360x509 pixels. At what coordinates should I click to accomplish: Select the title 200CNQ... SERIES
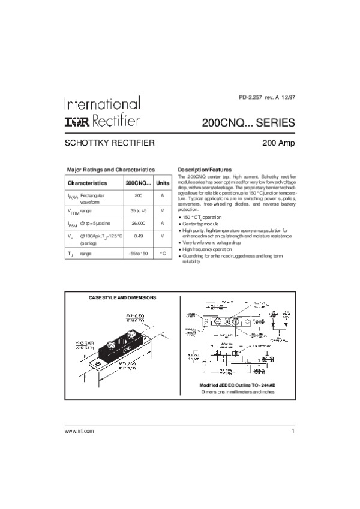pyautogui.click(x=248, y=123)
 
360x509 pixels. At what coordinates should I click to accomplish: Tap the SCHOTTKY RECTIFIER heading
pyautogui.click(x=110, y=143)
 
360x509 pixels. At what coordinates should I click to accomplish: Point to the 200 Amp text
pyautogui.click(x=278, y=143)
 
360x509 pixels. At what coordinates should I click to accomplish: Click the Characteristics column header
pyautogui.click(x=88, y=182)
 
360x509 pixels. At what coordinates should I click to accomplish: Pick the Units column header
pyautogui.click(x=163, y=182)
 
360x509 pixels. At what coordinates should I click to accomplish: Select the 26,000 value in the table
pyautogui.click(x=138, y=223)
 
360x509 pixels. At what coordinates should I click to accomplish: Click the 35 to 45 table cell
pyautogui.click(x=138, y=210)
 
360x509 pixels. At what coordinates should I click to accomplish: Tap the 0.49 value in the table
pyautogui.click(x=138, y=236)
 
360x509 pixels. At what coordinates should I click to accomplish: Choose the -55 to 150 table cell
pyautogui.click(x=138, y=254)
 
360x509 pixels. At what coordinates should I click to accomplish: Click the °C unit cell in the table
pyautogui.click(x=163, y=254)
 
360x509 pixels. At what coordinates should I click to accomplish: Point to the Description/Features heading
pyautogui.click(x=205, y=170)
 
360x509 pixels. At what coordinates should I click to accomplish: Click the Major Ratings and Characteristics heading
pyautogui.click(x=110, y=170)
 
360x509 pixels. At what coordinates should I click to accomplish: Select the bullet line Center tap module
pyautogui.click(x=202, y=224)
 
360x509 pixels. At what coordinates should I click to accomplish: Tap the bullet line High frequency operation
pyautogui.click(x=207, y=249)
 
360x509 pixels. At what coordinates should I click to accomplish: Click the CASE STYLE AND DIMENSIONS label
pyautogui.click(x=122, y=297)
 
